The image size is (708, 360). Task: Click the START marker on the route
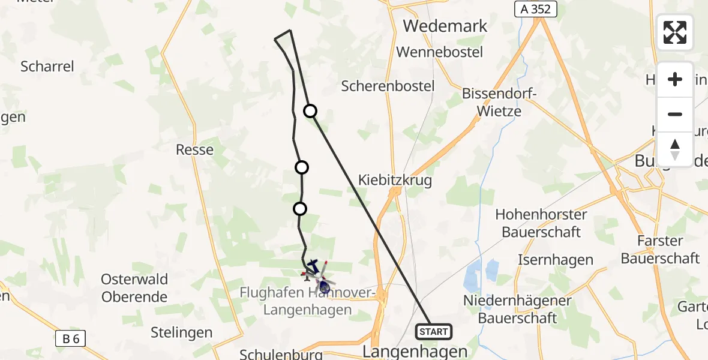tap(433, 332)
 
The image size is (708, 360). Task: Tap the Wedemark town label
tap(445, 26)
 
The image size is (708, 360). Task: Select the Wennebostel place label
tap(440, 52)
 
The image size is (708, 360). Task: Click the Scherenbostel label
tap(388, 86)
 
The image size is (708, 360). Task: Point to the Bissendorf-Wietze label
tap(491, 102)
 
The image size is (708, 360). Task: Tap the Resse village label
tap(194, 149)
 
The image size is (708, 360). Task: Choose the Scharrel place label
tap(47, 66)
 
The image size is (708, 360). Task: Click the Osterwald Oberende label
tap(134, 288)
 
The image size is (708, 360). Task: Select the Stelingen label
tap(182, 332)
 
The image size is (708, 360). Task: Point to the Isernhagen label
tap(555, 260)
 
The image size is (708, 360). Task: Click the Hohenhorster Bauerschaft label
tap(542, 223)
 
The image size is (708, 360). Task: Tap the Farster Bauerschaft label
tap(660, 250)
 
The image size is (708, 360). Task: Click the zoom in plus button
tap(675, 79)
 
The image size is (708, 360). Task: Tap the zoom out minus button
tap(675, 114)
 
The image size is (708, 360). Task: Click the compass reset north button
tap(675, 149)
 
